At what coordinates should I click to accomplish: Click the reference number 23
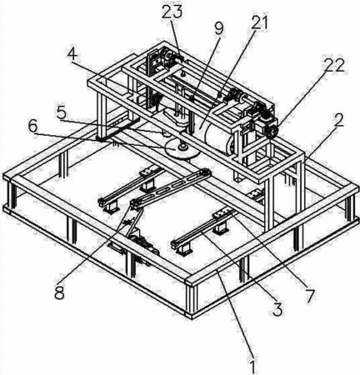[x=172, y=12]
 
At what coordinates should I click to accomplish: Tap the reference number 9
[x=219, y=28]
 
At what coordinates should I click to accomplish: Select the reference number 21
[x=259, y=22]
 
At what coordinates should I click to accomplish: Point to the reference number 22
[x=332, y=65]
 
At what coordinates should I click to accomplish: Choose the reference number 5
[x=61, y=113]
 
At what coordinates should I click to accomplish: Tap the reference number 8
[x=59, y=292]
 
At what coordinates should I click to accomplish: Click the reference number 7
[x=309, y=296]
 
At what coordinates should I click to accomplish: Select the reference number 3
[x=277, y=309]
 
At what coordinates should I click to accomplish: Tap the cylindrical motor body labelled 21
[x=219, y=137]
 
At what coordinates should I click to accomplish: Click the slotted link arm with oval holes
[x=171, y=188]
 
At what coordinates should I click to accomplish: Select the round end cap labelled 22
[x=272, y=131]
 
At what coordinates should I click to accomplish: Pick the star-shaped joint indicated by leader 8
[x=128, y=222]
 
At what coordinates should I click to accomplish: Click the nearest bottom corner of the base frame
[x=192, y=317]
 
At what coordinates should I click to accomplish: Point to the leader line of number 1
[x=236, y=314]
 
